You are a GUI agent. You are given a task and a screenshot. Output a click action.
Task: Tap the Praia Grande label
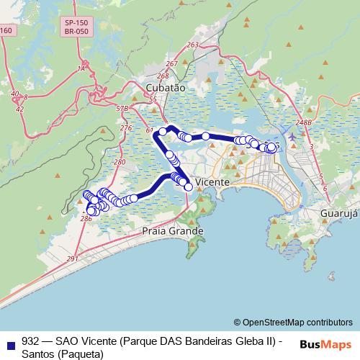coord(173,231)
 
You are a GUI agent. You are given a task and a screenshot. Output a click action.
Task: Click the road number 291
coord(72,258)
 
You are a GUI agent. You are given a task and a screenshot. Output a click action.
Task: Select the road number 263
coord(192,45)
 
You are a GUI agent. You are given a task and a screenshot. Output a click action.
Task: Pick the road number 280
coord(120,162)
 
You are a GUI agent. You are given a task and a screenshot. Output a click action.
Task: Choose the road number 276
coord(127,128)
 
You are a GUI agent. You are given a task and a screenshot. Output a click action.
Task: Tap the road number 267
coord(171,65)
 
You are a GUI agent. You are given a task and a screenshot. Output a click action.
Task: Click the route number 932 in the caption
coord(30,341)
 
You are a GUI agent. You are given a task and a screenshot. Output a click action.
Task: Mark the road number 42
coord(19,109)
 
